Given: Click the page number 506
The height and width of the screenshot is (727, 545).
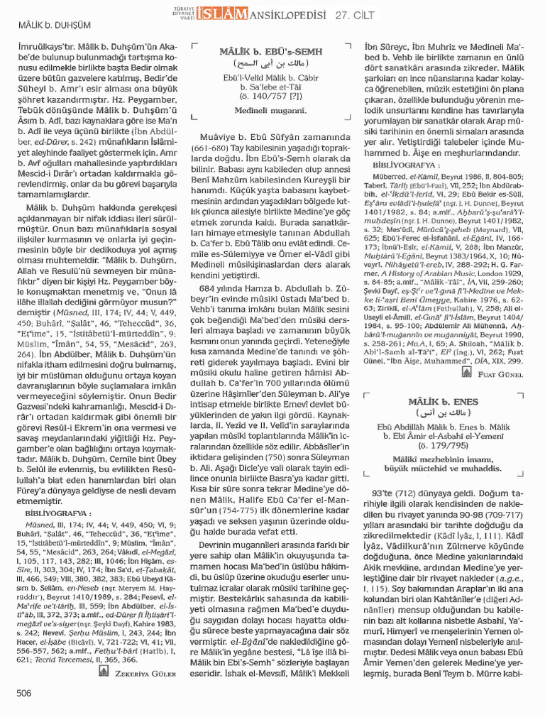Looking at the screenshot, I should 24,692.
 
